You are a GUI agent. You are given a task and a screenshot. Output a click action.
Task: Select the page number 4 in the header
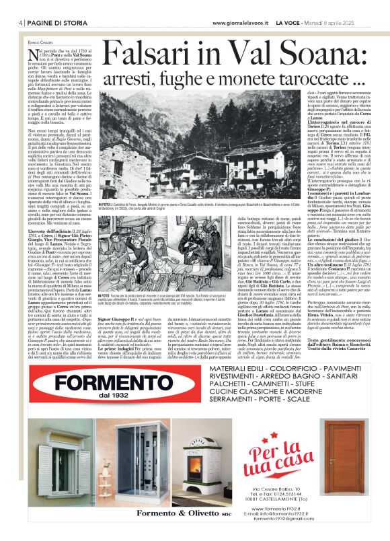pos(22,22)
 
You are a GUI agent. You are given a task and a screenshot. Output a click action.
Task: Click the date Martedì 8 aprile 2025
pos(336,22)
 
